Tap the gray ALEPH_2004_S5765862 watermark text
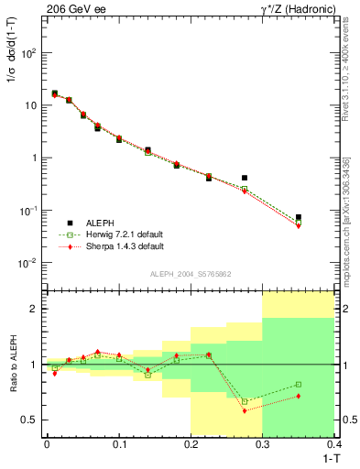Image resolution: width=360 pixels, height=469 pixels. [190, 275]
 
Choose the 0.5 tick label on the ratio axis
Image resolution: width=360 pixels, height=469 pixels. [31, 420]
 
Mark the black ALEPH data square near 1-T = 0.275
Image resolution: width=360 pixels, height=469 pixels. [245, 178]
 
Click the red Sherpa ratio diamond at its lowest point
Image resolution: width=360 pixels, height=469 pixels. [245, 410]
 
